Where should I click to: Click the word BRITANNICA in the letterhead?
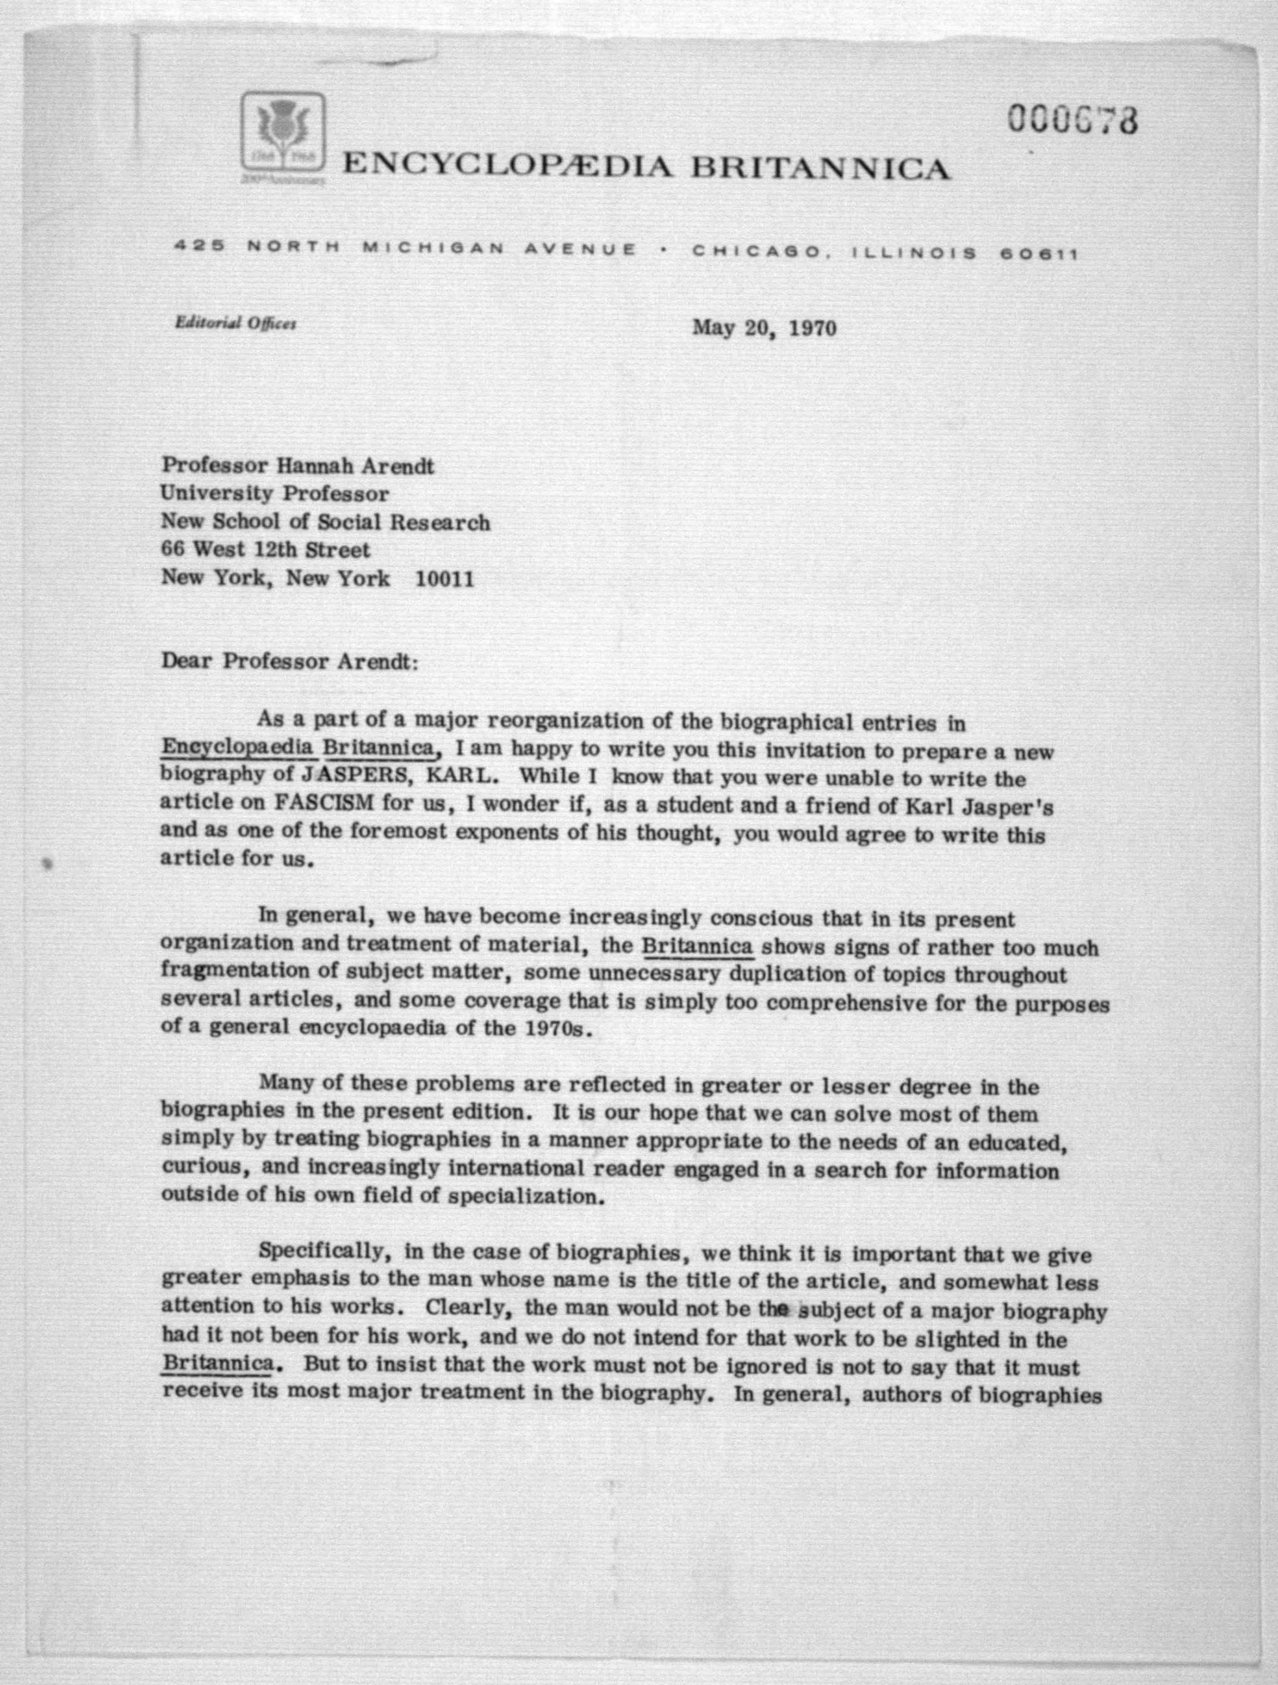click(819, 166)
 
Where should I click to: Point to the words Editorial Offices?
click(236, 323)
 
